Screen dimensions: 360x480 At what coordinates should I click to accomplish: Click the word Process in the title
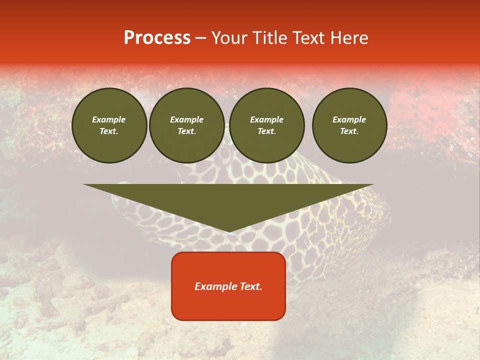coord(157,38)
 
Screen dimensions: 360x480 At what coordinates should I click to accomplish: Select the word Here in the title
coord(350,38)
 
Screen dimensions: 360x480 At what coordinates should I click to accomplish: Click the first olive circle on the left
coord(109,125)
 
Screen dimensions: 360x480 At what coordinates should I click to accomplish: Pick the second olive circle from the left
coord(187,125)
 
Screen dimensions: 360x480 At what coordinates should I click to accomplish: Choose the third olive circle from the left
coord(267,125)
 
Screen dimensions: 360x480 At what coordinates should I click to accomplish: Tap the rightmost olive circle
coord(349,125)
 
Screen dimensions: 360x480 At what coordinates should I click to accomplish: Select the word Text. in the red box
coord(251,286)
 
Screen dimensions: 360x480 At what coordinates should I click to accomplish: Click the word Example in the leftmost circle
coord(109,119)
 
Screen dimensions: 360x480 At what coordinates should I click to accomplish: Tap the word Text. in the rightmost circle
coord(349,131)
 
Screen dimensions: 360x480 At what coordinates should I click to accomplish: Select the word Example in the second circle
coord(187,119)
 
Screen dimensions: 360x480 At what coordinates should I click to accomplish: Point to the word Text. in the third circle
coord(267,131)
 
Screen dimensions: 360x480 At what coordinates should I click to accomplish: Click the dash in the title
coord(201,38)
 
